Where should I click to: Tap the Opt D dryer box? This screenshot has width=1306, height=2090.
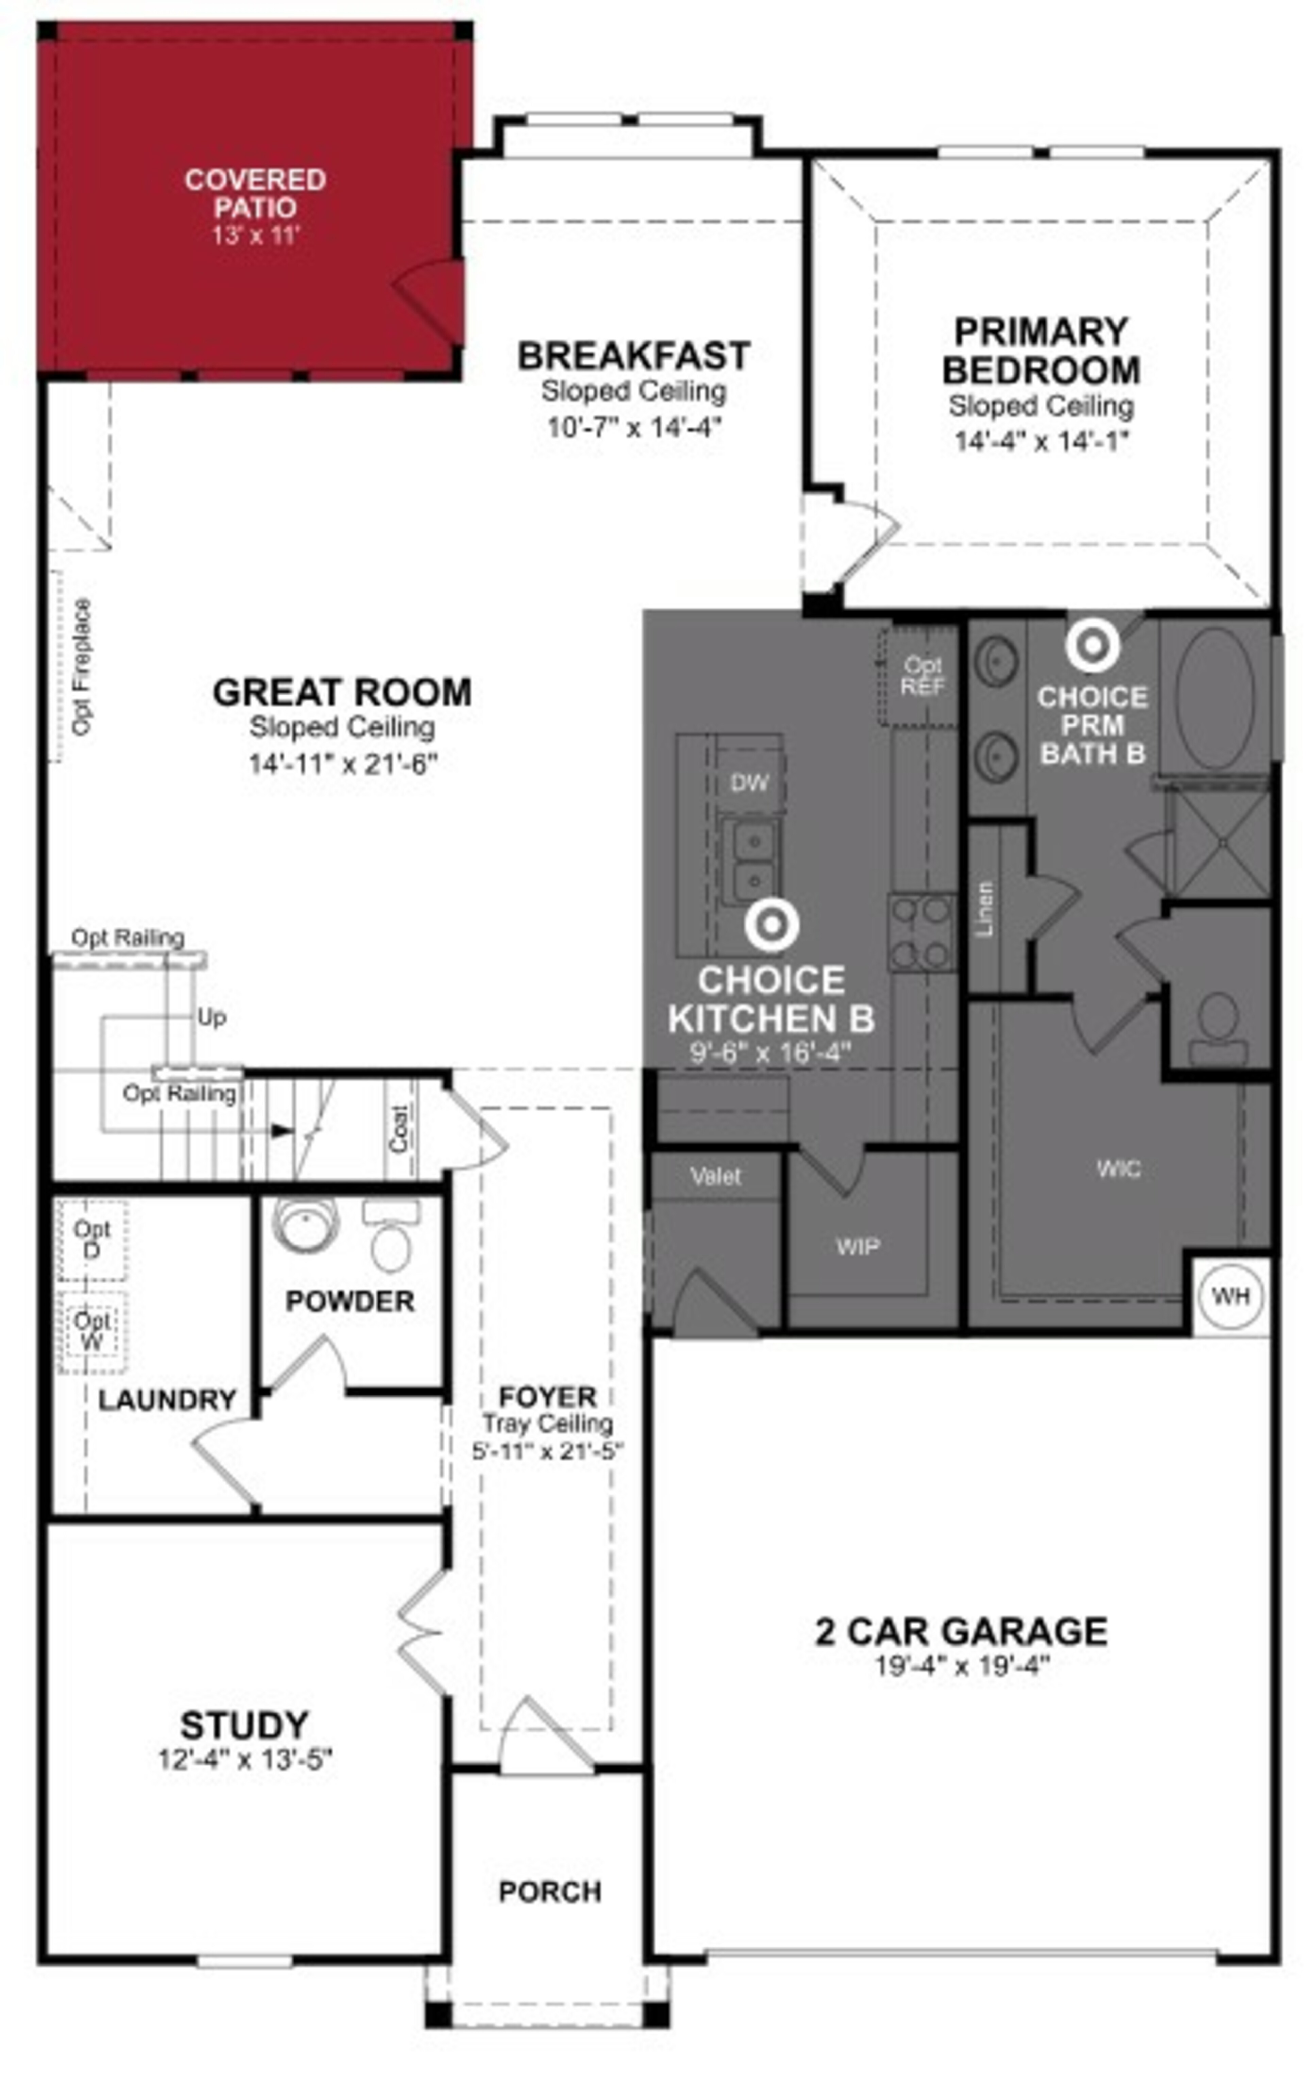(x=91, y=1239)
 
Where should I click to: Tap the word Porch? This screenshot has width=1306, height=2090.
(x=549, y=1891)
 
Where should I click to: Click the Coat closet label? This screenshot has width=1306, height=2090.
(x=399, y=1128)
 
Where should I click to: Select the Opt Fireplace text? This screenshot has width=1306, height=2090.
(x=81, y=667)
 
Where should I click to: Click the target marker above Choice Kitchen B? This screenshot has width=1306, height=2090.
(x=771, y=925)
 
